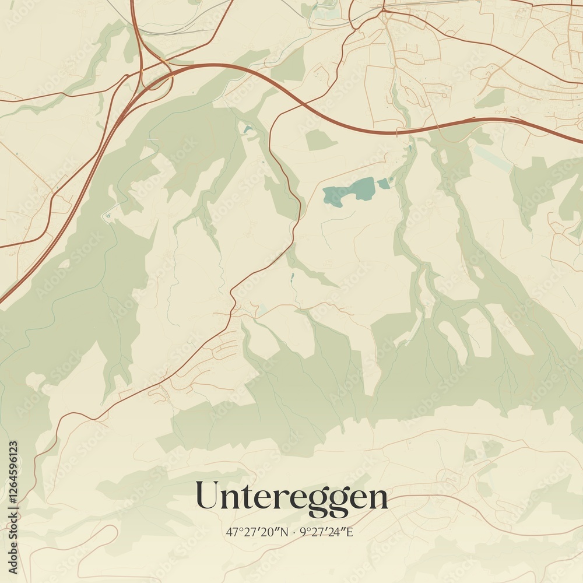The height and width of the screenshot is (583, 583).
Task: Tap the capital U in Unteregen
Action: (208, 496)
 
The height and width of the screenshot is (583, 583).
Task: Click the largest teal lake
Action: (350, 190)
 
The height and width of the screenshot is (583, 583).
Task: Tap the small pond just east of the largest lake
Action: (383, 184)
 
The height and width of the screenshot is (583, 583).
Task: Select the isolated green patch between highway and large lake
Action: (321, 140)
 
